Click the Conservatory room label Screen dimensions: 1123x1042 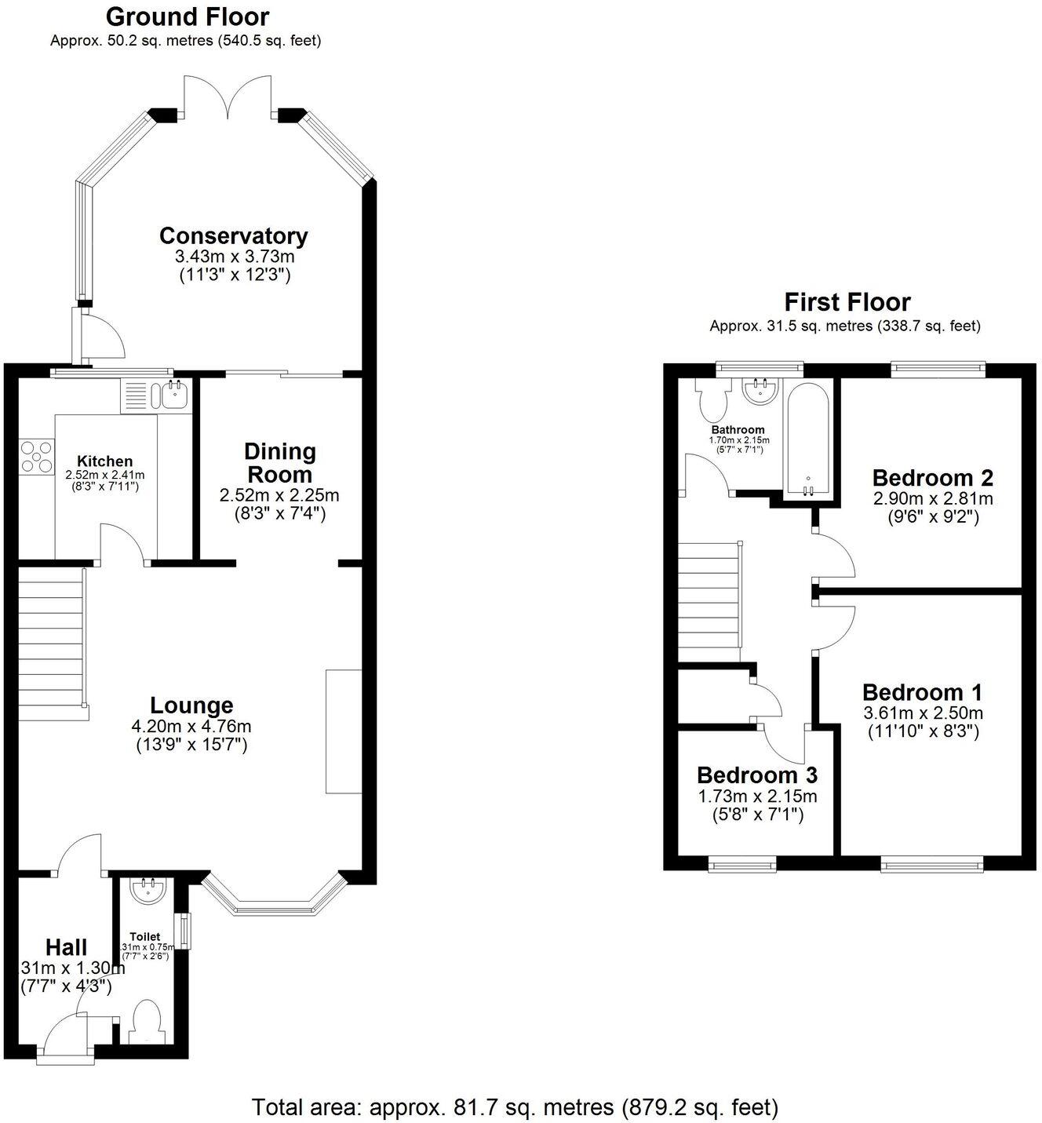tap(233, 235)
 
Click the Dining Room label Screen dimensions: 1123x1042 tap(279, 463)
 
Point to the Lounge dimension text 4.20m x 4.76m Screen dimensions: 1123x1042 tap(191, 726)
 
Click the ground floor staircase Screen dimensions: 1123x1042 tap(51, 645)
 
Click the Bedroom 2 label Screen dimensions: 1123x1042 tap(932, 477)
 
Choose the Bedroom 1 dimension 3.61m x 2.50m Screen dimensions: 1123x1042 tap(922, 713)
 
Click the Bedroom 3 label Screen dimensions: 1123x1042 tap(756, 775)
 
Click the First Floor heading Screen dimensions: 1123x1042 tap(847, 302)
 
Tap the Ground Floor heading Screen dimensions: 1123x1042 tap(187, 16)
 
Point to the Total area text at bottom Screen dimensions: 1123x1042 tap(515, 1107)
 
